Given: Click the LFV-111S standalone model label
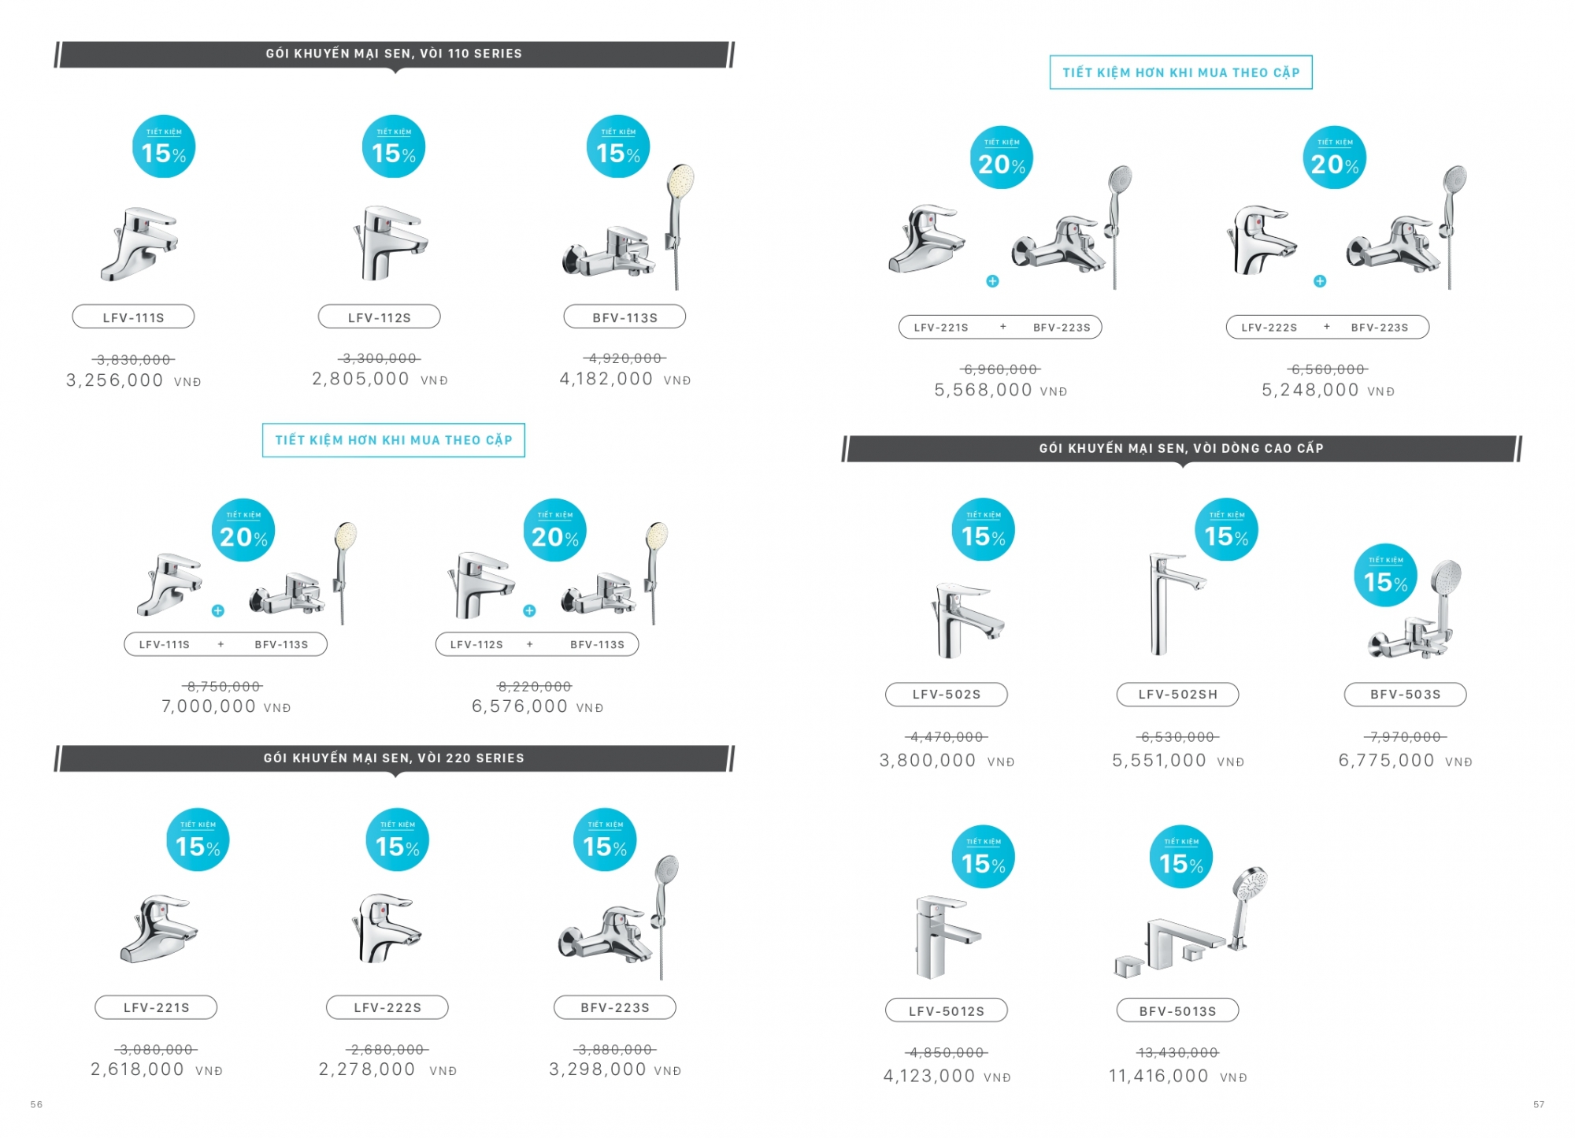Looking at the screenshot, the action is (133, 317).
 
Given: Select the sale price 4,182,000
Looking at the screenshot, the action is (606, 379).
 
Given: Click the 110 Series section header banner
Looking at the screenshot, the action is (394, 54).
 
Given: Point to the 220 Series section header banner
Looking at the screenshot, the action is (394, 758).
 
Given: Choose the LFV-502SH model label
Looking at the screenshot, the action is (1177, 695).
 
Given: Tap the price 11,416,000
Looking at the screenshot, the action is (1158, 1076).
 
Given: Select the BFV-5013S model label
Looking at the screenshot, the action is (1177, 1010).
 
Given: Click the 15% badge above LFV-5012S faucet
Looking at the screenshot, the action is (983, 857).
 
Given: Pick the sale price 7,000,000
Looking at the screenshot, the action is (209, 706).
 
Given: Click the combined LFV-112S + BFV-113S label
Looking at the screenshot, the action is (537, 644).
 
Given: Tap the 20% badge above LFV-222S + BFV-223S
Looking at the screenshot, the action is (1335, 158).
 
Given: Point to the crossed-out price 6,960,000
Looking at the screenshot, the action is (1001, 369).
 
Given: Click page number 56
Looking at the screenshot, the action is (36, 1104).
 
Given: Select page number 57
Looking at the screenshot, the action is (1539, 1104).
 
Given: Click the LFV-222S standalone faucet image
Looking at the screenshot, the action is (386, 928).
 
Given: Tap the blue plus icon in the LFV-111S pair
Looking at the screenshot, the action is (218, 611).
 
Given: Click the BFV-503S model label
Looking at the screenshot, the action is (1405, 695).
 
